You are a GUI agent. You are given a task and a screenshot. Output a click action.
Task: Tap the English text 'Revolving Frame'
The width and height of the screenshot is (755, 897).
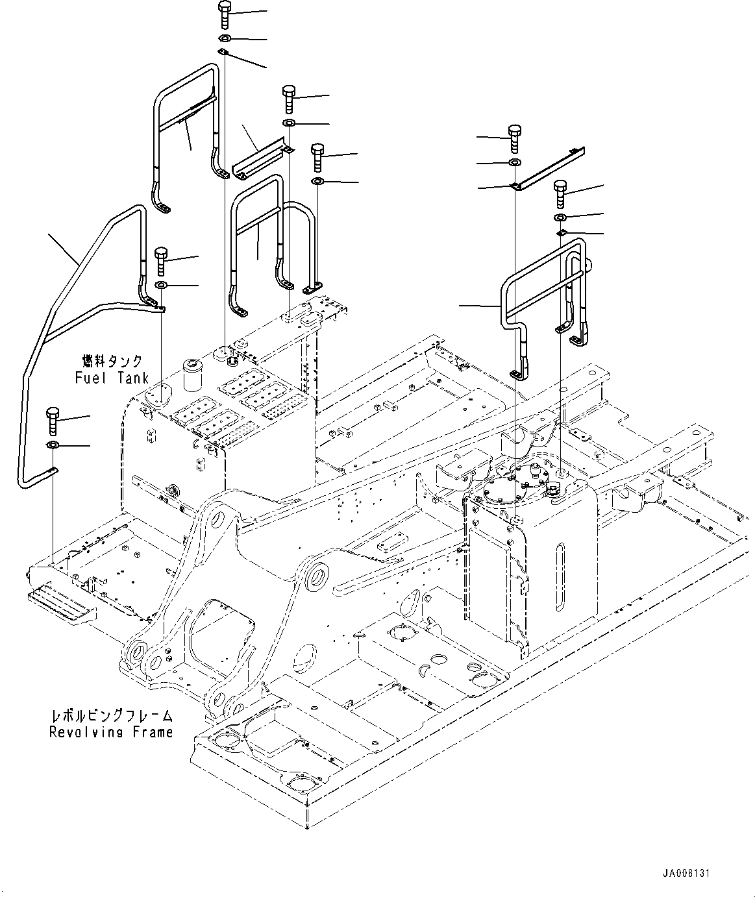click(x=112, y=731)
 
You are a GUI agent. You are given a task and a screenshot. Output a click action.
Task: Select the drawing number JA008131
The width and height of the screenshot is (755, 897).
click(x=686, y=873)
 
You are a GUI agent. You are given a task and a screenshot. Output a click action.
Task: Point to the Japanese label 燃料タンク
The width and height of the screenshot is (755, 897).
click(x=112, y=361)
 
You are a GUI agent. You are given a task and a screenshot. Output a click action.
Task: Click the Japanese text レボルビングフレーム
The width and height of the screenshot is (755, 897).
click(x=112, y=715)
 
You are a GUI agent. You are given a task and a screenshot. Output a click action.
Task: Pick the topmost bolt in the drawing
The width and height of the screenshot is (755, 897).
click(x=224, y=14)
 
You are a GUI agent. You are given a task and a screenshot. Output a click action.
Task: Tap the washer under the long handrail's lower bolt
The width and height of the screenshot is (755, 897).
click(x=53, y=445)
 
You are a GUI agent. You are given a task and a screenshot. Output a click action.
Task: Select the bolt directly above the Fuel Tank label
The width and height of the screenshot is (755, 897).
click(x=161, y=261)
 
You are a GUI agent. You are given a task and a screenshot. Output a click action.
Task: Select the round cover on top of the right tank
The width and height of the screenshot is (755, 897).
click(x=517, y=482)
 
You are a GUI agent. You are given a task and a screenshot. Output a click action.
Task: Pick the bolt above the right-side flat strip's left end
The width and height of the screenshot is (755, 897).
click(x=514, y=136)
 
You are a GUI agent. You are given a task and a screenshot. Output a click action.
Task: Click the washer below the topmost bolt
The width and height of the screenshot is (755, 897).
click(x=224, y=39)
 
